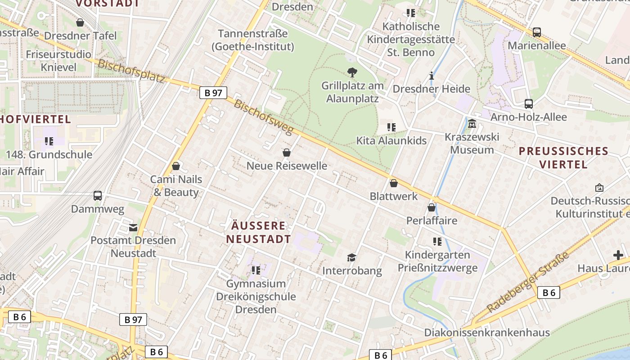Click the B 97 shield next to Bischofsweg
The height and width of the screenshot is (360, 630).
pos(213,93)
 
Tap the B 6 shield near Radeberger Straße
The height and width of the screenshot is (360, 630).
pos(549,292)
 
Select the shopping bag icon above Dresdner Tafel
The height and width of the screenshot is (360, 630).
pos(80,22)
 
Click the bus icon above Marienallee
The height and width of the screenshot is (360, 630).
pos(536,32)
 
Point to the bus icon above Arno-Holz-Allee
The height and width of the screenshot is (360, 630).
pos(529,104)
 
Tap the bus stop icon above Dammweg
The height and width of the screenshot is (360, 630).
pos(98,196)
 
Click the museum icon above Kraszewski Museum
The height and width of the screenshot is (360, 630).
pos(472,124)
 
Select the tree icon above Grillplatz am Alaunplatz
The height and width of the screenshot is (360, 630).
pos(352,72)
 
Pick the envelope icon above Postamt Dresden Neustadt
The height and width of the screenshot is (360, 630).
pos(133,227)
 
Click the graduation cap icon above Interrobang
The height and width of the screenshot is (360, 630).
pos(351,257)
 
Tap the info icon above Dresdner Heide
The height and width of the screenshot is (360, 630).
pos(432,76)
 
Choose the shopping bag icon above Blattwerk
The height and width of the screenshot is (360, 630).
pos(394,183)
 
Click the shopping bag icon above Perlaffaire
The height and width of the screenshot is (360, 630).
pos(431,207)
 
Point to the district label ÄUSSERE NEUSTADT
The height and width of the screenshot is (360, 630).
pos(258,232)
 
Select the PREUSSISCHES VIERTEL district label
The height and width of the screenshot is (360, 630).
pos(563,157)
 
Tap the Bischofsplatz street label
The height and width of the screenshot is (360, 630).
pos(131,71)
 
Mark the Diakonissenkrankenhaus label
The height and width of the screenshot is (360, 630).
pos(487,333)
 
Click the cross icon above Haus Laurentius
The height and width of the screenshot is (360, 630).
pos(618,255)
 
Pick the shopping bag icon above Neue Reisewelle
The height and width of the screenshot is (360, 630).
pos(287,153)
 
